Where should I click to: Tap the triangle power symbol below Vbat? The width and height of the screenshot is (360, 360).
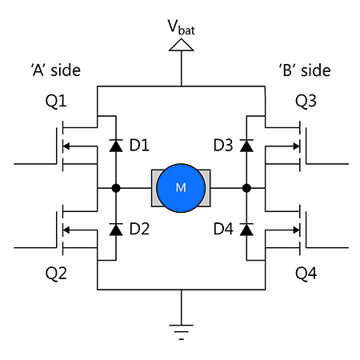click(181, 47)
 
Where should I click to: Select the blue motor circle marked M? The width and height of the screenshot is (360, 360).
click(181, 188)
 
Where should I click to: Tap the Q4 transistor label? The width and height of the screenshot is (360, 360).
click(306, 273)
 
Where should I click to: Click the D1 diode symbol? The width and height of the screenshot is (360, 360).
click(115, 146)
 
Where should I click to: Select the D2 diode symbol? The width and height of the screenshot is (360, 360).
click(115, 230)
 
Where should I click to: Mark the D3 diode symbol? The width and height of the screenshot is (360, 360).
click(246, 146)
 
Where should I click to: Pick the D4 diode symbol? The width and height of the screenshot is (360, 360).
click(246, 230)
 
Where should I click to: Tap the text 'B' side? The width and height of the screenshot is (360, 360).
click(304, 70)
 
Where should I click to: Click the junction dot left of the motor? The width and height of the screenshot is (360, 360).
click(115, 189)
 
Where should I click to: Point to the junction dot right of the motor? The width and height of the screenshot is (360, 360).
click(246, 189)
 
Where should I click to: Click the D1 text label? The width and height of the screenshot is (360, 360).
click(139, 146)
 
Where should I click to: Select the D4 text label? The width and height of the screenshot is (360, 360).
click(222, 230)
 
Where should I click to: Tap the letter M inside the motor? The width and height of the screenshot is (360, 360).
click(181, 188)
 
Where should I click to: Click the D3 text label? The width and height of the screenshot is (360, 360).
click(222, 146)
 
